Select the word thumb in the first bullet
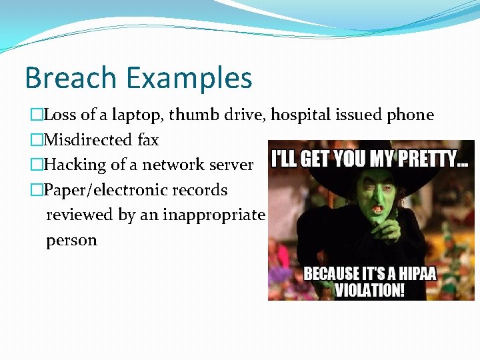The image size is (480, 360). click(x=191, y=115)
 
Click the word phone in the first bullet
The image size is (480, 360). click(x=410, y=115)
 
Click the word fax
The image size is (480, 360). click(x=148, y=140)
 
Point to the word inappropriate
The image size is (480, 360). click(x=212, y=215)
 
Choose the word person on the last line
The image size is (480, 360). click(x=71, y=240)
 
